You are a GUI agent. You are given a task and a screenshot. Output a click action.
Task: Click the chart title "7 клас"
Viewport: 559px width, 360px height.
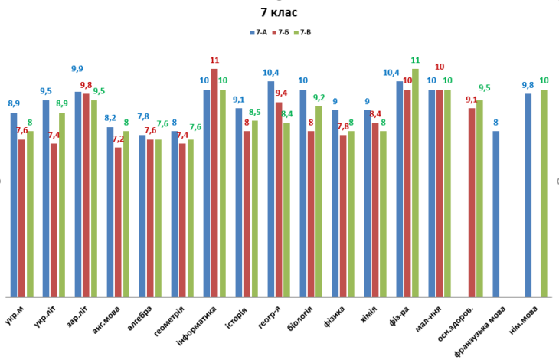tap(279, 12)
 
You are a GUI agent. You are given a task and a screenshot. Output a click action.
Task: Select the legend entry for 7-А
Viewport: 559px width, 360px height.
tap(257, 32)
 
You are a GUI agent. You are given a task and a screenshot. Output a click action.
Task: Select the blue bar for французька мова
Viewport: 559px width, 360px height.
tap(496, 214)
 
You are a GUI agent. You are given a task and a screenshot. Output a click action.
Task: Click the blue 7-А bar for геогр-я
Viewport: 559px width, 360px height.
tap(271, 188)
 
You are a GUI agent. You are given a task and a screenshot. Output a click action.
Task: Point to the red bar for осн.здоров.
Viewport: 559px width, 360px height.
tap(472, 202)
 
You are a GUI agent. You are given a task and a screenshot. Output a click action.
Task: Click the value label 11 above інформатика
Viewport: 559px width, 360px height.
tap(214, 60)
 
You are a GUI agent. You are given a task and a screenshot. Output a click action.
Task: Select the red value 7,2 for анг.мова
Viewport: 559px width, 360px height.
tap(117, 139)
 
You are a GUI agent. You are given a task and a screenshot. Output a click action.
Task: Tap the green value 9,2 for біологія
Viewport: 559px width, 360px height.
tap(319, 97)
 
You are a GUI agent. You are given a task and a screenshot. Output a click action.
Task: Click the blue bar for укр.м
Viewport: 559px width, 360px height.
tap(14, 205)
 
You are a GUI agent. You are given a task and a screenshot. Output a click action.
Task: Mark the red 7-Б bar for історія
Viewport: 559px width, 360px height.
tap(247, 214)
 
